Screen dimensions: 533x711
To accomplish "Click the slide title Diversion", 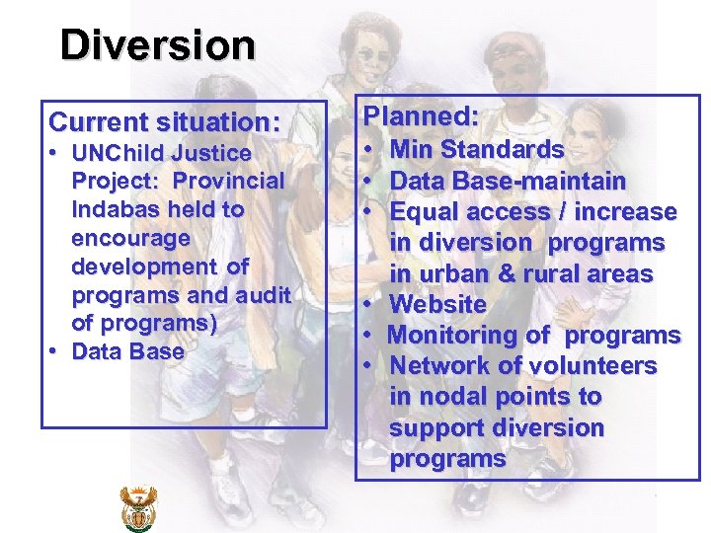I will tap(157, 44).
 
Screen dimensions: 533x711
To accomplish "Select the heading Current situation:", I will tap(164, 123).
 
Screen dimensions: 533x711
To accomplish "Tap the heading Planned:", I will tap(421, 116).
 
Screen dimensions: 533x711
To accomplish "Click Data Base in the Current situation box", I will tap(128, 352).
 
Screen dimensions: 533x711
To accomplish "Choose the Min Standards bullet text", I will tap(477, 150).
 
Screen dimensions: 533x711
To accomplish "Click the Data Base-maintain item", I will tap(508, 182).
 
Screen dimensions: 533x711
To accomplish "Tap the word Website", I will tap(437, 305).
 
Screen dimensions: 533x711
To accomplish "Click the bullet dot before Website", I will tap(367, 305).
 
